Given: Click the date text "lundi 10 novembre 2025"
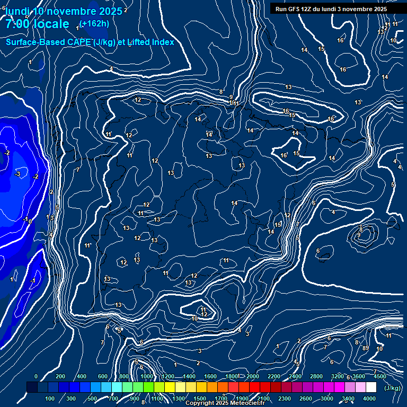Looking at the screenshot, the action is (x=64, y=11).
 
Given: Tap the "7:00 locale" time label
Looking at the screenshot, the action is (x=37, y=24).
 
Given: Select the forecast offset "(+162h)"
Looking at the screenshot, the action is (x=94, y=23).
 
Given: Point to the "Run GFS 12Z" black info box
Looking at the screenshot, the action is (x=331, y=9).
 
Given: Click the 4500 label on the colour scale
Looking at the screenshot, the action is (x=379, y=376).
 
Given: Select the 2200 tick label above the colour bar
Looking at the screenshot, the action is (x=274, y=376).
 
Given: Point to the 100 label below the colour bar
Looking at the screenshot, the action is (x=50, y=399).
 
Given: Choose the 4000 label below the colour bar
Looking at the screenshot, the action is (x=369, y=399).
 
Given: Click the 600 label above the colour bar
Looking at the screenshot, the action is (x=103, y=376).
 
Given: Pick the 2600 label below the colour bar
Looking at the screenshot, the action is (x=306, y=399).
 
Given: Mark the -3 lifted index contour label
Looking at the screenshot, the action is (x=17, y=174).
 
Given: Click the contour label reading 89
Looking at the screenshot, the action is (x=365, y=348).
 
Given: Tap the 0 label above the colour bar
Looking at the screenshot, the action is (x=36, y=376).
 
